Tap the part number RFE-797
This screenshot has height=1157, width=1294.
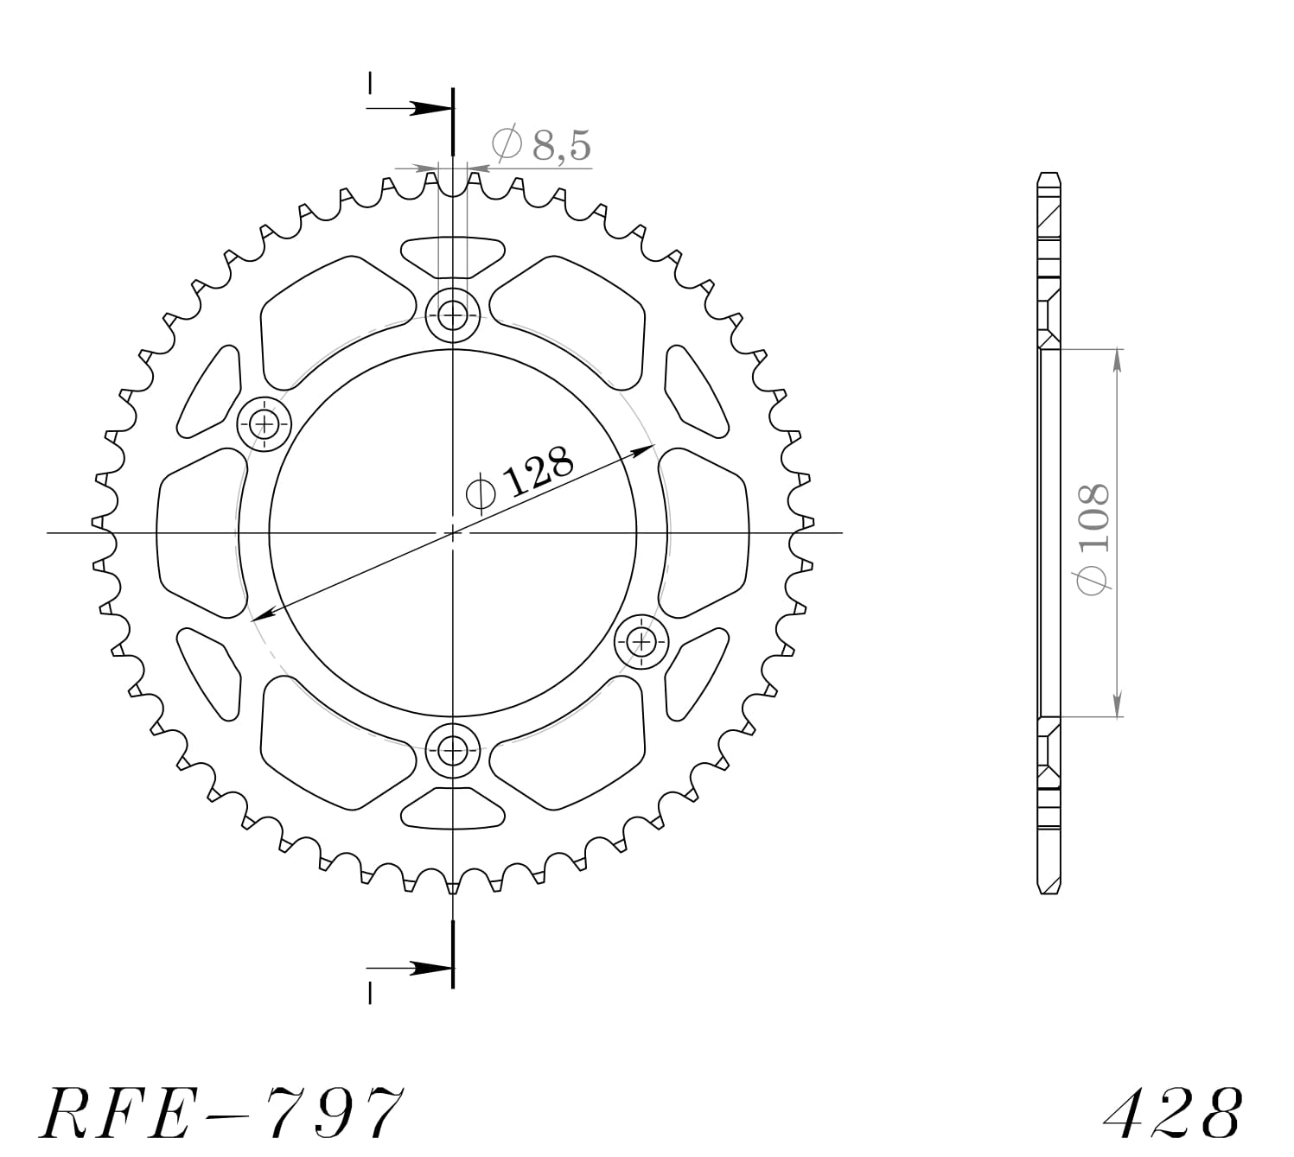click(220, 1112)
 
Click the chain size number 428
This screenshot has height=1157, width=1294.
click(1173, 1113)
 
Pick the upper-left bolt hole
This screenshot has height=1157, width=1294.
click(264, 423)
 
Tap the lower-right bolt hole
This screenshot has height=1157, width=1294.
click(641, 641)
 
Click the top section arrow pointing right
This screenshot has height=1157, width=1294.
click(428, 109)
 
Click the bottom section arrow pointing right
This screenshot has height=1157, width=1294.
click(428, 968)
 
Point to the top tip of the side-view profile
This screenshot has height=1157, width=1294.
click(1049, 173)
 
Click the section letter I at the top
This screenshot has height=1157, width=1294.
click(370, 84)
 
